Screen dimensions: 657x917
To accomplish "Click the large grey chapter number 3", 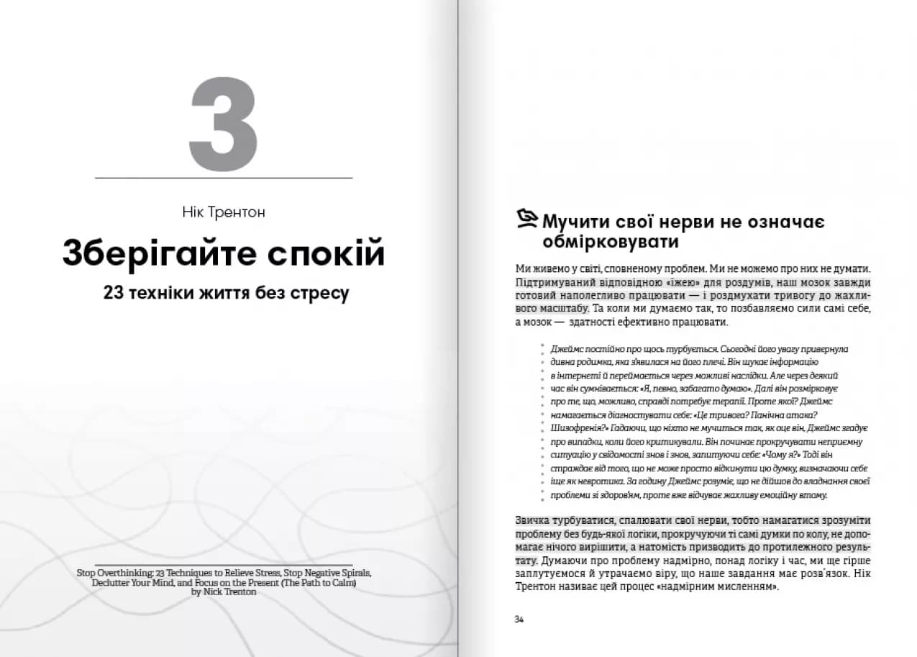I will click(223, 124).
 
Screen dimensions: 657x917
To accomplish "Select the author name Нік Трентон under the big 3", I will click(224, 212).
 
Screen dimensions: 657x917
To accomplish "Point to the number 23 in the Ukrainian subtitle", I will click(114, 294).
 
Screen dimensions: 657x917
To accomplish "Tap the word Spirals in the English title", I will click(352, 574).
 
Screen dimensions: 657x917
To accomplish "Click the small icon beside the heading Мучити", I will click(527, 216).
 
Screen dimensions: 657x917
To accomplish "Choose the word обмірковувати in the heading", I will click(611, 241).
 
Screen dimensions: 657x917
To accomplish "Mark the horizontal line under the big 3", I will click(224, 177).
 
